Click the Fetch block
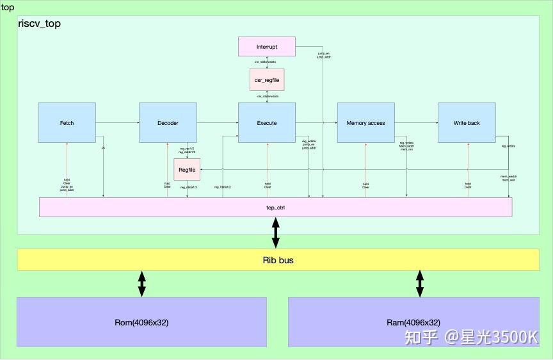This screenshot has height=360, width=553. coord(67,122)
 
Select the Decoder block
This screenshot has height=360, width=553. coord(168,122)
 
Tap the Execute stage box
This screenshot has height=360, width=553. coord(267,122)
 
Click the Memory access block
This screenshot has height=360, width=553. coord(365,122)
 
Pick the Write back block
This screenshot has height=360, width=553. coord(467,122)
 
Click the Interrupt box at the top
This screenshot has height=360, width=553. coord(267,47)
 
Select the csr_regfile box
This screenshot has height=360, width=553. coord(267,80)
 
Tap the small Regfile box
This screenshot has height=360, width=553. coord(187,169)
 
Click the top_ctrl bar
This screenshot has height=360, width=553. coord(275,208)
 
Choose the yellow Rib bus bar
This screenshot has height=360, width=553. coord(278,260)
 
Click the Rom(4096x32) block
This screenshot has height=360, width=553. coord(141,322)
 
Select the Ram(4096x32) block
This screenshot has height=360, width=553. coord(413,322)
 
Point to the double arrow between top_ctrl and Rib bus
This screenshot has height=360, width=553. coord(276,233)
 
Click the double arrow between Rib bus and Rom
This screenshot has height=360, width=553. coord(141,284)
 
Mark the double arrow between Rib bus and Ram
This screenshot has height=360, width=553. coord(420,284)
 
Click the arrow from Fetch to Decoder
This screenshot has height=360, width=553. coord(117,122)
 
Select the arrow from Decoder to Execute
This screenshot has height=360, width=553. coord(217,122)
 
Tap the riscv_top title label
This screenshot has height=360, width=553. coord(40,23)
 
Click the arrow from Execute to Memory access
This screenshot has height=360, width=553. coord(316,122)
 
